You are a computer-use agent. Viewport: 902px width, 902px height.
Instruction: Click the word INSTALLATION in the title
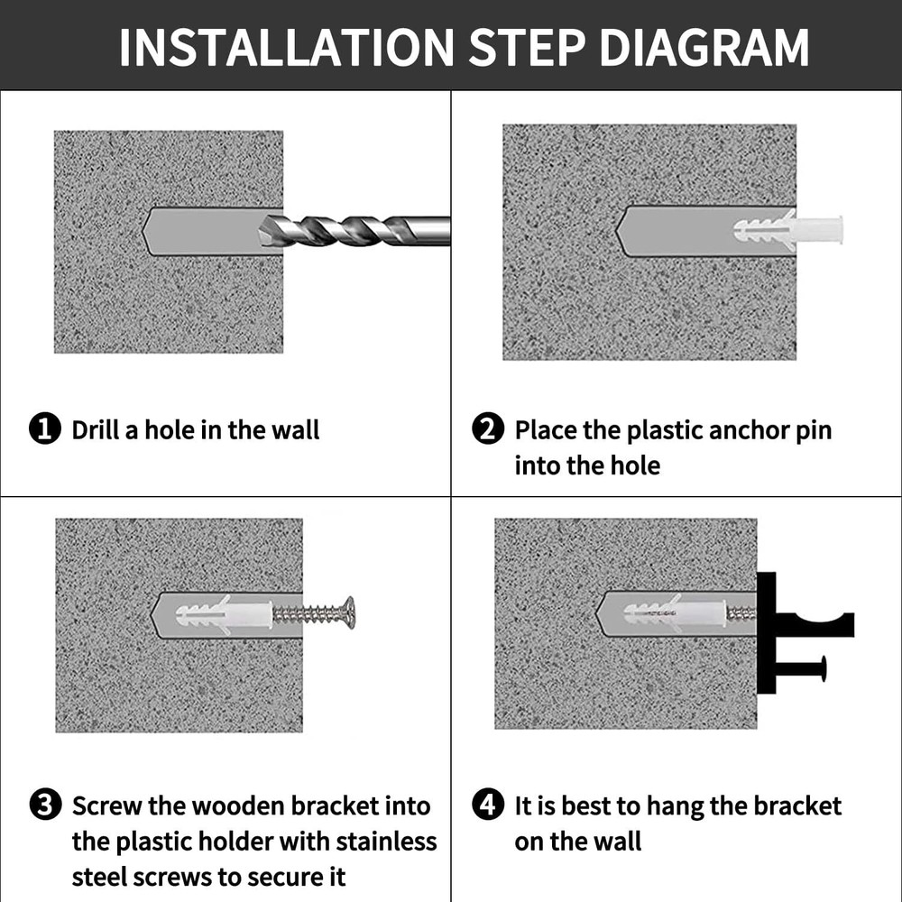pyautogui.click(x=287, y=47)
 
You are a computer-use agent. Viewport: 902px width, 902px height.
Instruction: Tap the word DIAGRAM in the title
pyautogui.click(x=704, y=47)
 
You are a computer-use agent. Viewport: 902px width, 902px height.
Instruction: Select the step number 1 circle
pyautogui.click(x=45, y=429)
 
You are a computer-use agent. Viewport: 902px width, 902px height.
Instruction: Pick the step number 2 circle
pyautogui.click(x=488, y=429)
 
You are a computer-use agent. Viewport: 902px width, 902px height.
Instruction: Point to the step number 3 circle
pyautogui.click(x=45, y=805)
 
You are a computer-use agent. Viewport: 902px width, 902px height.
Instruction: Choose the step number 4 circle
pyautogui.click(x=488, y=805)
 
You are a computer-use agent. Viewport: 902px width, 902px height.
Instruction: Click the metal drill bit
pyautogui.click(x=354, y=231)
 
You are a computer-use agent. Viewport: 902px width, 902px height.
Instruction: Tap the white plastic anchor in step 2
pyautogui.click(x=788, y=230)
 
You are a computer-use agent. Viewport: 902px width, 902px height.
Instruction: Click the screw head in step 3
pyautogui.click(x=349, y=612)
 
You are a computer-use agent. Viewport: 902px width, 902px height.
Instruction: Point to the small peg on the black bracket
pyautogui.click(x=802, y=668)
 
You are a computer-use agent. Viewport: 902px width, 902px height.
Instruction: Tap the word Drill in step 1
pyautogui.click(x=97, y=429)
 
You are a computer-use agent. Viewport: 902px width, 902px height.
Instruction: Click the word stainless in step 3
pyautogui.click(x=387, y=842)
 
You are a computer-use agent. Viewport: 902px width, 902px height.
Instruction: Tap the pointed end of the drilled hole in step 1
pyautogui.click(x=143, y=231)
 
